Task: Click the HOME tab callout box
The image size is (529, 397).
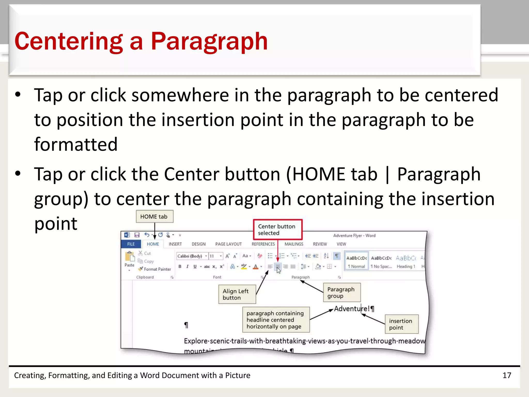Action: point(154,217)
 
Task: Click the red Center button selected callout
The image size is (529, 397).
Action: point(277,230)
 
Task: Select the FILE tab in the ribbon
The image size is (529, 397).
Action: point(131,244)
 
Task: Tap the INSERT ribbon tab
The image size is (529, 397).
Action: point(175,244)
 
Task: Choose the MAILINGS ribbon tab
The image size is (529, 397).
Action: point(294,244)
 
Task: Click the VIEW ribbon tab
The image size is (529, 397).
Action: point(341,244)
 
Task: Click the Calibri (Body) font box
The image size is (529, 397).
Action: point(190,256)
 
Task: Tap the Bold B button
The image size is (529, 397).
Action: point(180,266)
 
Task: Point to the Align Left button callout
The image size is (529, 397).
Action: point(237,294)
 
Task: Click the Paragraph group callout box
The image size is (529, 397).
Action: point(341,293)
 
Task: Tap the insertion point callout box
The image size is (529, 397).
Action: point(401,324)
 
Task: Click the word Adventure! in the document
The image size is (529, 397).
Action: point(351,309)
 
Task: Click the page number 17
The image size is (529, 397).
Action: point(507,375)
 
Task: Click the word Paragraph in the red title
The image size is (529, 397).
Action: point(209,41)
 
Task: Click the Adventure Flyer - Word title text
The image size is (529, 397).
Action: point(354,235)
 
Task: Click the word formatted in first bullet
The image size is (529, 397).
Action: point(76,144)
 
